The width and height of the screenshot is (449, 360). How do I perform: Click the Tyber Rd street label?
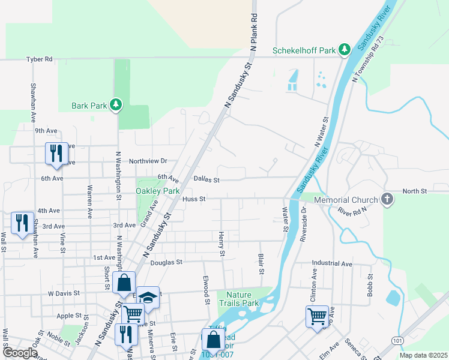tap(40, 59)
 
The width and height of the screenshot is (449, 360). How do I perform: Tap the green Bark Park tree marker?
tap(116, 106)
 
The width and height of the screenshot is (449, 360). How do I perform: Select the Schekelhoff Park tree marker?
tap(345, 50)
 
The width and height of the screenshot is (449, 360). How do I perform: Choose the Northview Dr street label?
tap(148, 161)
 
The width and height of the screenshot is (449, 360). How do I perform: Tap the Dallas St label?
tap(207, 179)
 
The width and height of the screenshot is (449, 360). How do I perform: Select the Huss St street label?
tap(194, 199)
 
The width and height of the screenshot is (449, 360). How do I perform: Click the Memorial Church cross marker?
tap(387, 199)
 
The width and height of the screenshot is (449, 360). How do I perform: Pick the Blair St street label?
tap(261, 263)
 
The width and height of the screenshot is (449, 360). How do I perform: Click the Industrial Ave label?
tap(332, 263)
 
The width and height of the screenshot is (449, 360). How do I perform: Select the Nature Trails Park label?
tap(243, 299)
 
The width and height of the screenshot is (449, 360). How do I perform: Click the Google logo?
tap(20, 353)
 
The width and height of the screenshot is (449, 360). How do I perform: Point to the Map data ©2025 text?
tap(423, 355)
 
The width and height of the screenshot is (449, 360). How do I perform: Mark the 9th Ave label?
tap(46, 131)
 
